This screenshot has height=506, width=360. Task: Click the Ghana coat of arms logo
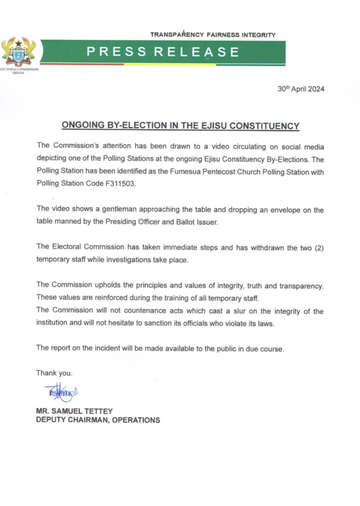(x=19, y=52)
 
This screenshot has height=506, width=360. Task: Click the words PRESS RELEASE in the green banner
(x=163, y=51)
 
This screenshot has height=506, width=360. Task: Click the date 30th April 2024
(x=301, y=89)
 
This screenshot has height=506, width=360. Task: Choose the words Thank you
(x=55, y=373)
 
